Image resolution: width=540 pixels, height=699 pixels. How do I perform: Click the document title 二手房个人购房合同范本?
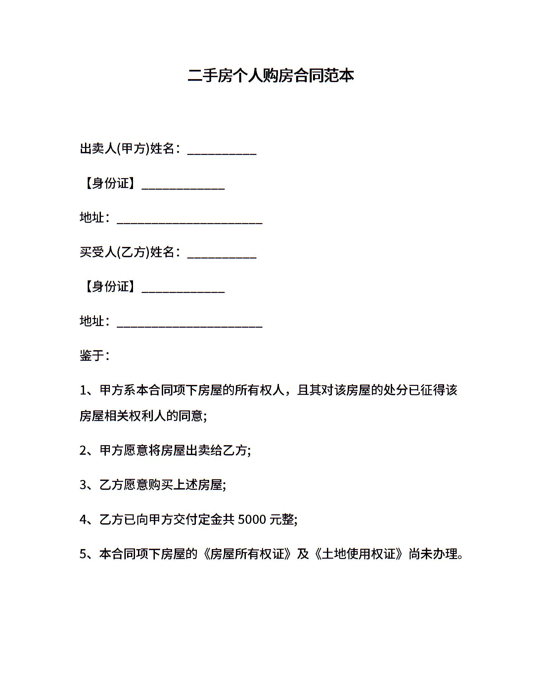tap(270, 75)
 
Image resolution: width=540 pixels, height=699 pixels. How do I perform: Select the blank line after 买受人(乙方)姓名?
tap(222, 257)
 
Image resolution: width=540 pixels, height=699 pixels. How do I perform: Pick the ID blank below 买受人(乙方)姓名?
tap(183, 291)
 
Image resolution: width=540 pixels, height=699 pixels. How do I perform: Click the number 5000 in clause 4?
tap(252, 520)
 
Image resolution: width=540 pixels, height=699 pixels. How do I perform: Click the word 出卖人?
tap(98, 149)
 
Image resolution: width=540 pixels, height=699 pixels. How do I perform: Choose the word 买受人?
tap(98, 252)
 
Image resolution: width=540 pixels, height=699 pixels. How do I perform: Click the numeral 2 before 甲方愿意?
tap(83, 451)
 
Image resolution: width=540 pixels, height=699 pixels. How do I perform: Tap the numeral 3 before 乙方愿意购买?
tap(83, 485)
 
